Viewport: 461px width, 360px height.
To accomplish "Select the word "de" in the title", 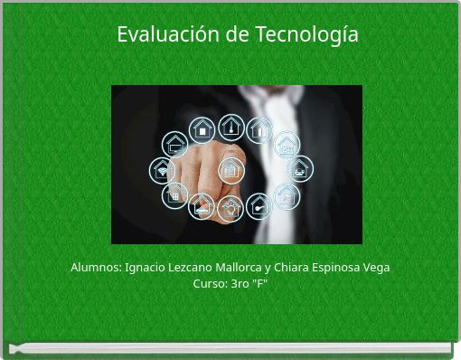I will pos(237,35).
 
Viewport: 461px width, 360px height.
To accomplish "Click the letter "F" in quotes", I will pos(260,283).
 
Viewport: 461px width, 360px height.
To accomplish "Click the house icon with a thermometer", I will pos(231,127).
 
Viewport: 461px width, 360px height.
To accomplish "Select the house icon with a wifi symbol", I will pos(162,169).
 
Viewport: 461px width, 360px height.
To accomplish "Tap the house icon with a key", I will pos(259,207).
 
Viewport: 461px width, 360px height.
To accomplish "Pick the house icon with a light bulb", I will pos(230,210).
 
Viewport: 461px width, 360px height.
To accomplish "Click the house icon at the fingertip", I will pos(230,168).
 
